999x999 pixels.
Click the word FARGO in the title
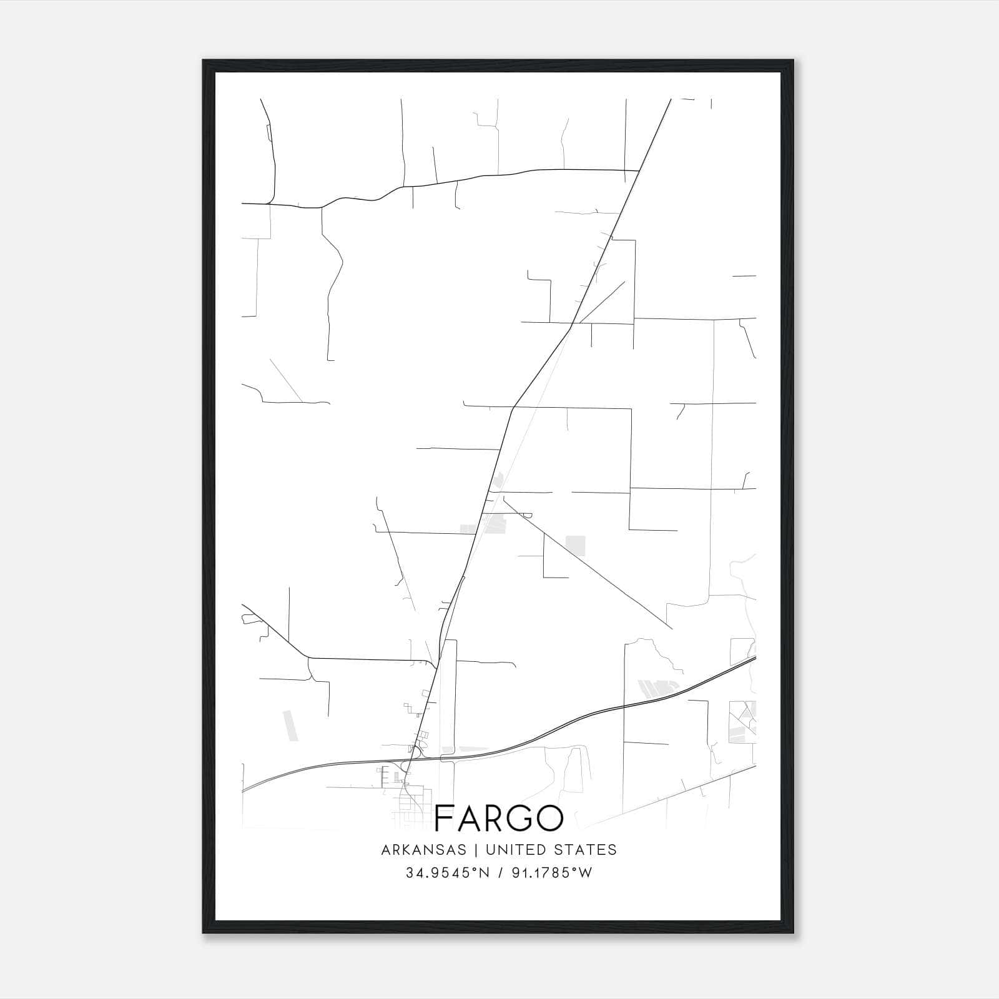[x=499, y=818]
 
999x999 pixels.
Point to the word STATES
[x=587, y=850]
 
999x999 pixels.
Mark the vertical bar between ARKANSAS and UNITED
[x=475, y=850]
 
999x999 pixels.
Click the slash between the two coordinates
[x=498, y=873]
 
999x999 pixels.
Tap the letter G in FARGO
[x=521, y=818]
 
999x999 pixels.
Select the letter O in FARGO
[x=549, y=818]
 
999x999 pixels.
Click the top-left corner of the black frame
[x=204, y=61]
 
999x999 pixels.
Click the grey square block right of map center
[x=575, y=545]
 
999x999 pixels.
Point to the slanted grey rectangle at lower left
[x=289, y=726]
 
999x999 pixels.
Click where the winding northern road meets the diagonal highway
[x=639, y=170]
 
